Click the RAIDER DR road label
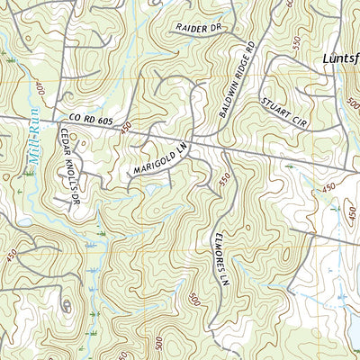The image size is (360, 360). (x=199, y=29)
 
